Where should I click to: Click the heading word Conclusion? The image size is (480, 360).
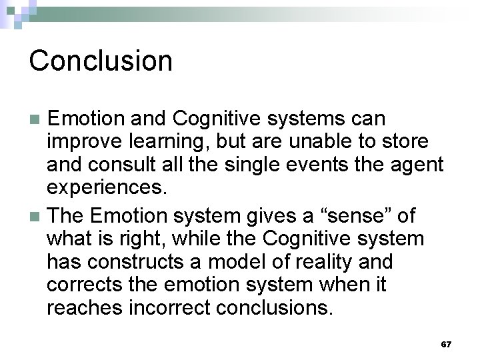tap(101, 61)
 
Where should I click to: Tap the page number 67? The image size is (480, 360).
tap(446, 344)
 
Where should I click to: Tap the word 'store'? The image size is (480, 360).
tap(411, 142)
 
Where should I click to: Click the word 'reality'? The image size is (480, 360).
tap(317, 262)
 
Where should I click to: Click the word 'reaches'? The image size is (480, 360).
tap(84, 309)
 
